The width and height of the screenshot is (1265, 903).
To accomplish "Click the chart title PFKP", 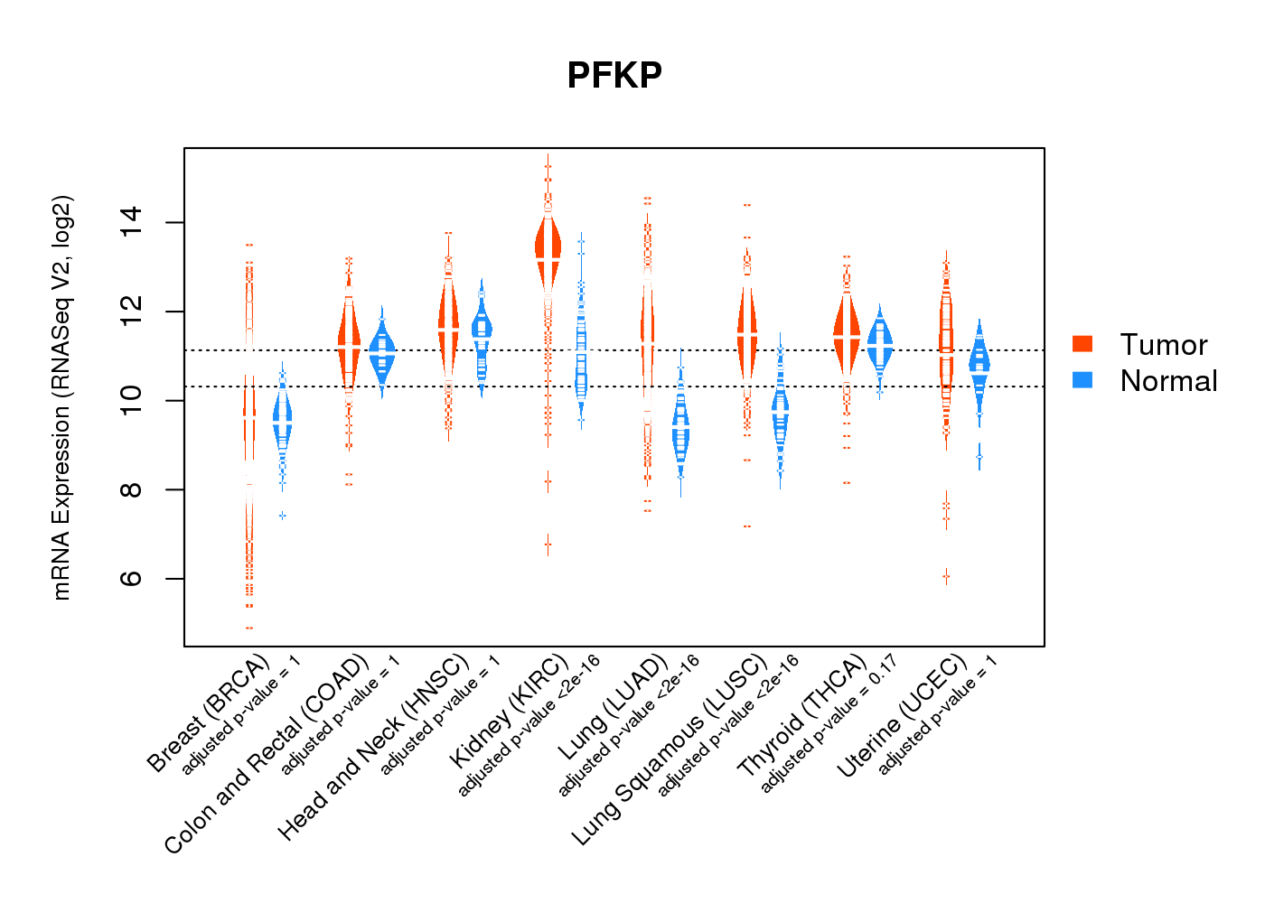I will pos(614,75).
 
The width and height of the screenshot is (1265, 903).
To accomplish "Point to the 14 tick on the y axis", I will pos(131,222).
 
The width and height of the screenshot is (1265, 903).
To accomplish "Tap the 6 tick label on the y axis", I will pos(131,578).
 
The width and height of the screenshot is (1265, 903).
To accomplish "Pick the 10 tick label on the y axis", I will pos(131,400).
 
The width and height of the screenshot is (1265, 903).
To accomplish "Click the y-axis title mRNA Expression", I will pos(61,397).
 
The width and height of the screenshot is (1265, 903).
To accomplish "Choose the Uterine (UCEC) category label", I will pos(902,715).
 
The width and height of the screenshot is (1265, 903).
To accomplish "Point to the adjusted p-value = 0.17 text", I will pos(829,724).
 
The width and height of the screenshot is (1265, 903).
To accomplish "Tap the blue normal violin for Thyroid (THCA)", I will pos(879,344).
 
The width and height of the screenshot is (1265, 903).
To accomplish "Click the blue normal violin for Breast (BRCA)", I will pos(283,421).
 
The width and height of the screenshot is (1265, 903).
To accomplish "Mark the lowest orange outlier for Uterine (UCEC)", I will pos(946,575).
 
